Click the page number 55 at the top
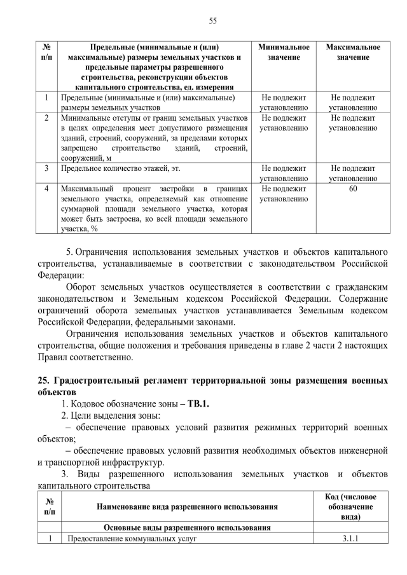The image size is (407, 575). [213, 20]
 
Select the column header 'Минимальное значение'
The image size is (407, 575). [284, 52]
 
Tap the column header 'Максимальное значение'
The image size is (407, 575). [353, 52]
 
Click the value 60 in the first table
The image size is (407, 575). [353, 189]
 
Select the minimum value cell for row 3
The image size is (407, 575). [284, 173]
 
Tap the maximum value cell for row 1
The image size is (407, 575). [353, 103]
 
